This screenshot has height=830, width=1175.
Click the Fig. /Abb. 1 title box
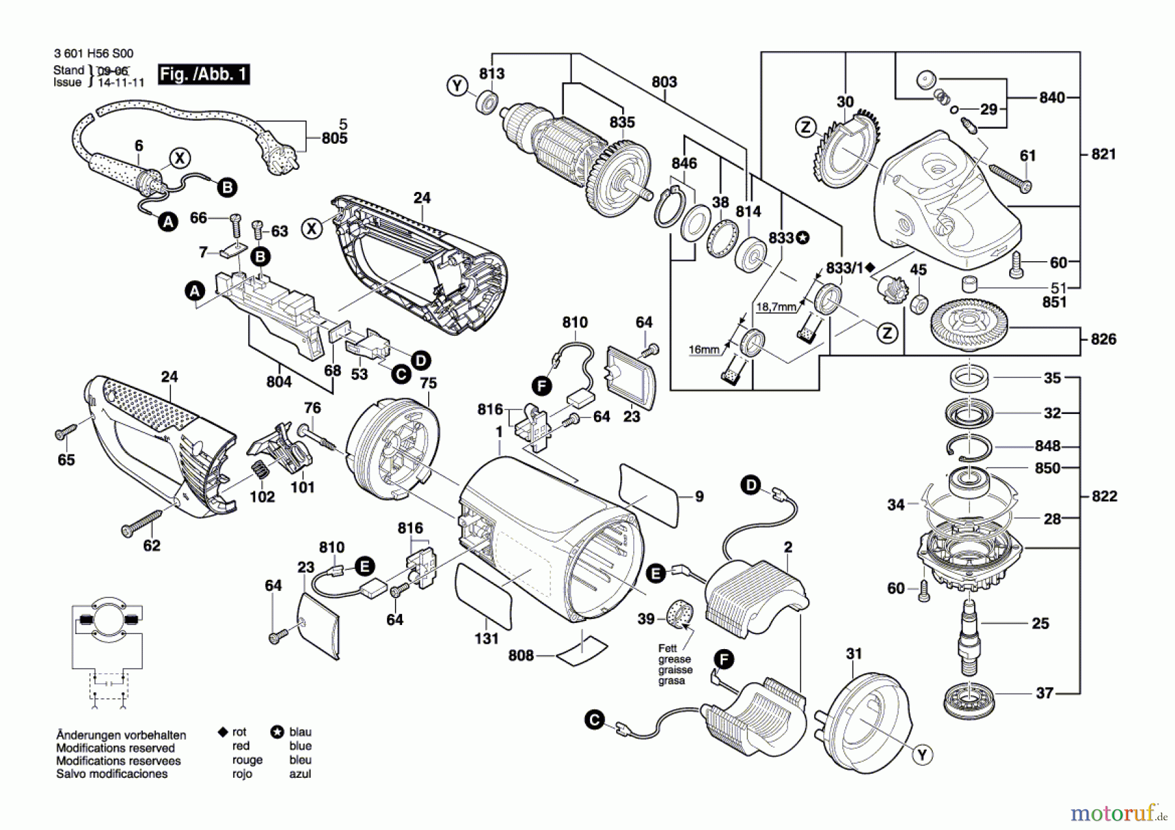204,74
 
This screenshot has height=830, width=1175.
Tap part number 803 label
664,82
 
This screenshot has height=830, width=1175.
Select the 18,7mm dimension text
776,307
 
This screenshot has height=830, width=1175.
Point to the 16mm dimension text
704,350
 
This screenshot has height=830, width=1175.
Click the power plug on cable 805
280,151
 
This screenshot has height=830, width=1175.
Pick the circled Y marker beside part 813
458,86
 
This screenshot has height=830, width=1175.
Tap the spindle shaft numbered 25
969,637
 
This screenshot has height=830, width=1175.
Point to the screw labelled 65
66,432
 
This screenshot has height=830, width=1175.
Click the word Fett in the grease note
667,648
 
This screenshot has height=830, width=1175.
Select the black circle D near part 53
421,360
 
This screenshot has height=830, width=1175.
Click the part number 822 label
1104,496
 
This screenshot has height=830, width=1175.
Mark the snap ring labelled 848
969,447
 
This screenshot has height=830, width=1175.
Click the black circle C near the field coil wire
594,720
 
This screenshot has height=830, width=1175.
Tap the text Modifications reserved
116,748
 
